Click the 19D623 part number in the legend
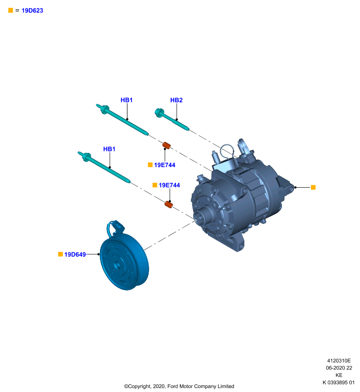tap(32, 10)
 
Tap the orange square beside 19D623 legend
tap(10, 10)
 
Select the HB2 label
tap(177, 100)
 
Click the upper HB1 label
tap(127, 100)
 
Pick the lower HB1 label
tap(109, 149)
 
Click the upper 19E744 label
tap(165, 165)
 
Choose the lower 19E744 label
tap(169, 185)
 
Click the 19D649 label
tap(75, 254)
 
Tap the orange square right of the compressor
tap(313, 187)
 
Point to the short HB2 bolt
tap(172, 120)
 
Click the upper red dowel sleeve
tap(166, 145)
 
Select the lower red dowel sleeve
tap(169, 204)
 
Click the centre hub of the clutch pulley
tap(117, 264)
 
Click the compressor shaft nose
tap(199, 217)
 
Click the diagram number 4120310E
tap(339, 361)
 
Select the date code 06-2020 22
tap(339, 368)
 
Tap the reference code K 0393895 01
tap(338, 383)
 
